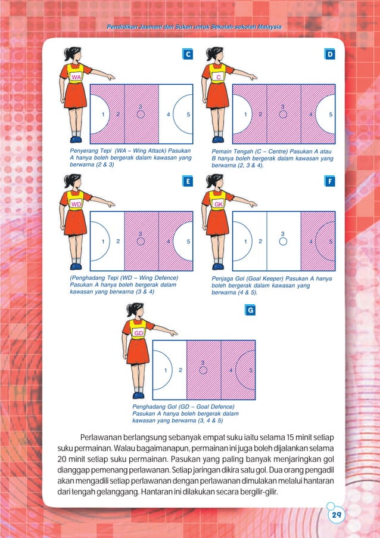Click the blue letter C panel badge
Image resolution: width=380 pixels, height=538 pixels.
(x=188, y=54)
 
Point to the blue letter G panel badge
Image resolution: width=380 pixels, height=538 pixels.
(x=251, y=311)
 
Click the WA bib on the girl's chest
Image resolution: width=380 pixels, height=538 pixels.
(x=76, y=78)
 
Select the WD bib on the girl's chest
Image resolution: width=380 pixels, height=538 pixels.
(x=76, y=205)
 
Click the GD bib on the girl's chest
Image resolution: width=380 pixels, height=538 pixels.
(x=138, y=332)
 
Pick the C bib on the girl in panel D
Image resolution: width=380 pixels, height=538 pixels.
(x=219, y=78)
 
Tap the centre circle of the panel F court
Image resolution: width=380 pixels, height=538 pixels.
(x=284, y=241)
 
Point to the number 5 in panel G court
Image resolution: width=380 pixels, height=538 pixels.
(x=251, y=370)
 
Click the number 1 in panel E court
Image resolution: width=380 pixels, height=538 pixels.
(x=103, y=242)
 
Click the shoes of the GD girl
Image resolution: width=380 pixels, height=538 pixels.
(x=138, y=394)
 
